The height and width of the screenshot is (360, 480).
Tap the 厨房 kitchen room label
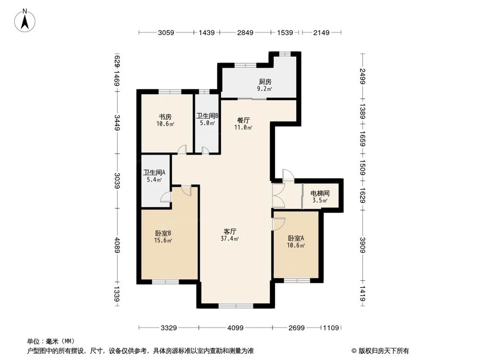[x=265, y=82]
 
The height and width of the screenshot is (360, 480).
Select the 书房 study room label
[x=165, y=117]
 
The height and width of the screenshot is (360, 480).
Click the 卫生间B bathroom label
[x=207, y=116]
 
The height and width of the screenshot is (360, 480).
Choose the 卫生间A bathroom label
[x=154, y=173]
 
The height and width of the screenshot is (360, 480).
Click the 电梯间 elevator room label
[x=319, y=193]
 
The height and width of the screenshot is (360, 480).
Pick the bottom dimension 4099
[x=235, y=328]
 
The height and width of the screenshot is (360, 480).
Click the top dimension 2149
[x=321, y=33]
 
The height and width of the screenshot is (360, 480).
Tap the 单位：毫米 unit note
[x=47, y=341]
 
